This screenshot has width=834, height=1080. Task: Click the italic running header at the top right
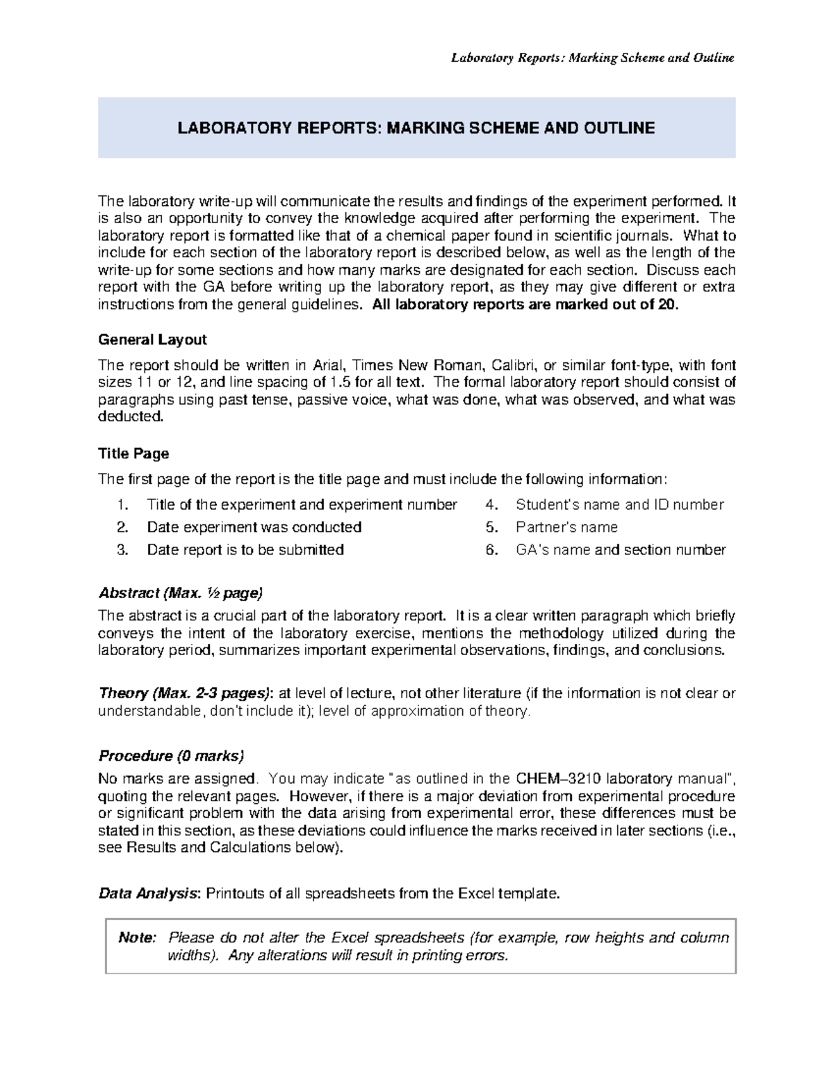(592, 58)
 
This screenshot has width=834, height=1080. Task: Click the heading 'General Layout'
(152, 339)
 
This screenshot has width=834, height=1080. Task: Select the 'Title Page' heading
(133, 453)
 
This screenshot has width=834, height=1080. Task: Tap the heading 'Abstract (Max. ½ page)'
(180, 593)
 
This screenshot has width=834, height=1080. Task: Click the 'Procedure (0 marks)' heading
(171, 755)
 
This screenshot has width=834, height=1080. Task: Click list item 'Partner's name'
(566, 527)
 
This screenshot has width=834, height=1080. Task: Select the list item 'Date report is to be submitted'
(245, 549)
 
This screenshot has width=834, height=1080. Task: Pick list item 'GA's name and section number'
(620, 549)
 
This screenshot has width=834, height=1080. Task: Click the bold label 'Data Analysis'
(148, 893)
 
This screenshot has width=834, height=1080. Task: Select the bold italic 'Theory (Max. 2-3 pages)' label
(184, 693)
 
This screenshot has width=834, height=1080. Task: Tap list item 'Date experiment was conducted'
(254, 527)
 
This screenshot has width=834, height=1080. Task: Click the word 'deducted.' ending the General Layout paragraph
(131, 417)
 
